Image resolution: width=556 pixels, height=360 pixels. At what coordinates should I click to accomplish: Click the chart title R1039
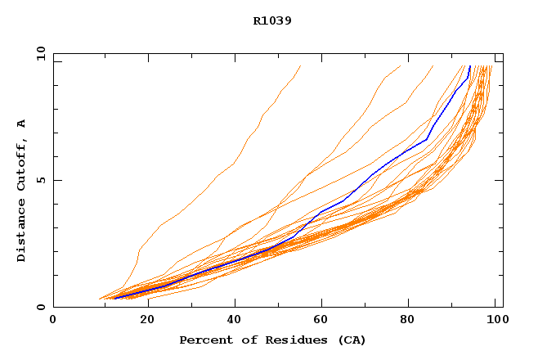[272, 20]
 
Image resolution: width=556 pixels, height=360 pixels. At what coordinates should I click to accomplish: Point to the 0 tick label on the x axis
[53, 320]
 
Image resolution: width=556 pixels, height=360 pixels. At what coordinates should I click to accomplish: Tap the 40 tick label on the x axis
[235, 320]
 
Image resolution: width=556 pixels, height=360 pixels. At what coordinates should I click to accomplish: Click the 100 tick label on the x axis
[495, 320]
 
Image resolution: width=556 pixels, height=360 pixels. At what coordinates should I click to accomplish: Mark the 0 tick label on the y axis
[40, 308]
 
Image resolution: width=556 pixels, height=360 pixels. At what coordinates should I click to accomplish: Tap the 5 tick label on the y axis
[40, 180]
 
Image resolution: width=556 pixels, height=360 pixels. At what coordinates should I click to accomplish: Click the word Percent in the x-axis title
[204, 340]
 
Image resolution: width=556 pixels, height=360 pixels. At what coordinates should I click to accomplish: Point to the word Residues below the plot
[285, 340]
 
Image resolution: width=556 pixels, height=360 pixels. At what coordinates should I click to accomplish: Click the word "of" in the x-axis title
[244, 340]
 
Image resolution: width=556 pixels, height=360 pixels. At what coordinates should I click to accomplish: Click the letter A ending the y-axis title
[22, 123]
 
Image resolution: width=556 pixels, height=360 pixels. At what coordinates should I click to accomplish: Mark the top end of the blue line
[470, 66]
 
